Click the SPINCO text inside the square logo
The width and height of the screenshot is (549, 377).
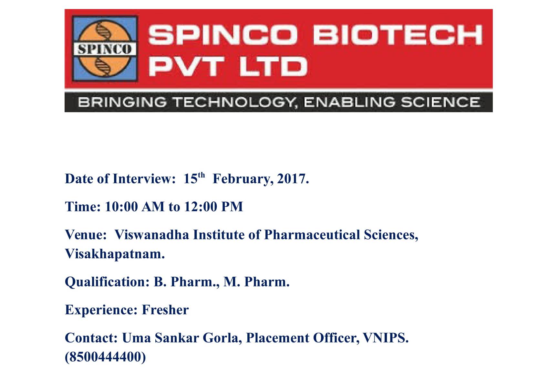click(x=105, y=49)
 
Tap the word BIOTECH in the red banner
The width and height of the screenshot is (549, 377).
click(x=398, y=35)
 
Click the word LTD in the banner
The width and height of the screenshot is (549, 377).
click(x=273, y=66)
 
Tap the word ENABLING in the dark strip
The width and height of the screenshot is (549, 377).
click(x=349, y=102)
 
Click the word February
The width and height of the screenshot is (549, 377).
click(x=243, y=179)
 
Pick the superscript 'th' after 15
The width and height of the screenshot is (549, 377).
click(x=201, y=175)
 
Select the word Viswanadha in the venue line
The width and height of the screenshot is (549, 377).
click(x=152, y=235)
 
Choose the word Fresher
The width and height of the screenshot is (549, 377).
click(x=165, y=310)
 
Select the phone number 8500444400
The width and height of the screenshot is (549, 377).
click(x=105, y=357)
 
